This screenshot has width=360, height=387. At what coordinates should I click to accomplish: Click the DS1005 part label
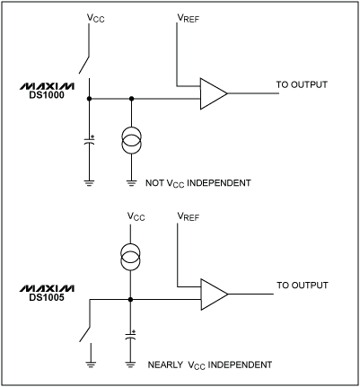tap(37, 296)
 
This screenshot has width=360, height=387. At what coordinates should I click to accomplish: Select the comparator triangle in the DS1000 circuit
tap(214, 92)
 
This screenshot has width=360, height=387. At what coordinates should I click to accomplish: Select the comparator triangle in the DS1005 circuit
tap(214, 293)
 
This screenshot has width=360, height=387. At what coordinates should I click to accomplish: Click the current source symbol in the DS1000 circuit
tap(132, 144)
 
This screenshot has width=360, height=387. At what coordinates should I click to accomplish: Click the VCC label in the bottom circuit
tap(136, 217)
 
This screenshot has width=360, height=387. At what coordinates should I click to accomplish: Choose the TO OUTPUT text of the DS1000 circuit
tap(303, 85)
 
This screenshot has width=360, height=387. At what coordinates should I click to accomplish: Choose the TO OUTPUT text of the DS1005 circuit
tap(303, 286)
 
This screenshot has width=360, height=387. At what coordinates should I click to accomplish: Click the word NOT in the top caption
tap(154, 183)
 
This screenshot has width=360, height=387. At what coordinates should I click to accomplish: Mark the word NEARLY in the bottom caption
tap(166, 366)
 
